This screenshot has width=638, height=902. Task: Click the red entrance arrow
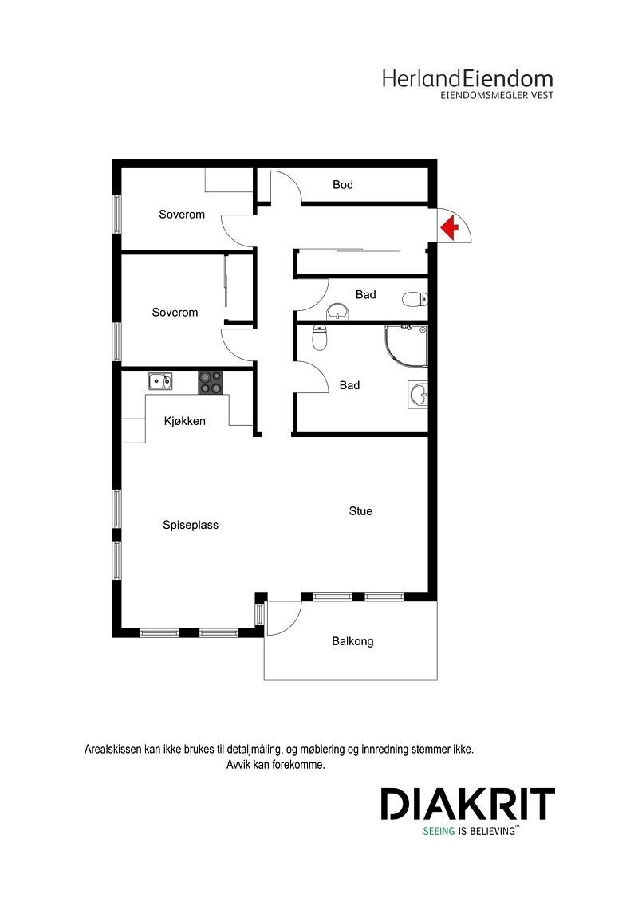click(x=451, y=228)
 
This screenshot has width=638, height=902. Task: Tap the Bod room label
click(x=343, y=185)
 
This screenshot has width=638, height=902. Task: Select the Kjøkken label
click(x=185, y=421)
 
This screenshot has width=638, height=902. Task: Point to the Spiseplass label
click(x=191, y=525)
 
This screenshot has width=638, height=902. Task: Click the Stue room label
click(x=360, y=511)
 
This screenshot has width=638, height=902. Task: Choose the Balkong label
click(x=352, y=641)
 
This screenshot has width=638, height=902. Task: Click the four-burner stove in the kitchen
click(x=211, y=382)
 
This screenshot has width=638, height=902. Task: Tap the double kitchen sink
click(x=160, y=381)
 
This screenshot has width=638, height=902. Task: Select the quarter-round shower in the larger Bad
click(x=406, y=346)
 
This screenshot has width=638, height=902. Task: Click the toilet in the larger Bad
click(x=319, y=338)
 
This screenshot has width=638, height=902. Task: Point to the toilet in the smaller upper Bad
click(x=413, y=300)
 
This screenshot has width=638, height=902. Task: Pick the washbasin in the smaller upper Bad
click(x=338, y=310)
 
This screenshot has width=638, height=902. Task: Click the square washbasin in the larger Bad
click(x=419, y=394)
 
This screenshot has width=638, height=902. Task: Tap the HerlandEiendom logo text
click(x=467, y=78)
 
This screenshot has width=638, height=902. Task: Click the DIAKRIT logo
click(x=467, y=804)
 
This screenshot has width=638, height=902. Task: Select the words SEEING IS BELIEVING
click(x=471, y=830)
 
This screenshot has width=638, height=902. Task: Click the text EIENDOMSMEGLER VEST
click(x=497, y=95)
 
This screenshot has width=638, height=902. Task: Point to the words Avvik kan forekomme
click(x=276, y=765)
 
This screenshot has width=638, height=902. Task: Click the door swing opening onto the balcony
click(x=286, y=612)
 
